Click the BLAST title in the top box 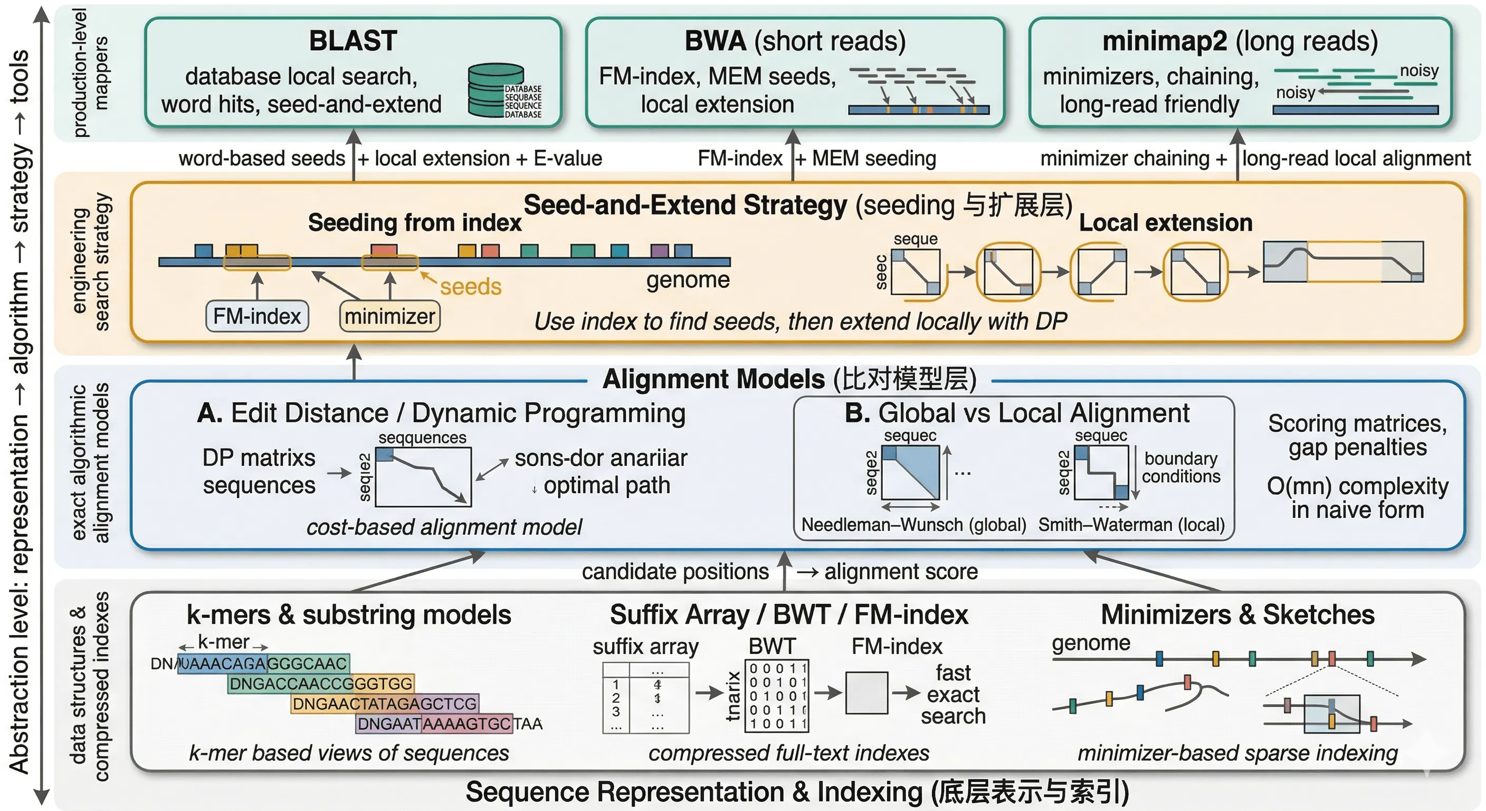coord(353,41)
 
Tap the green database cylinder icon coord(495,91)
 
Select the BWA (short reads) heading coord(794,41)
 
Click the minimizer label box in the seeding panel coord(389,316)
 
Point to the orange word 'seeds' coord(470,286)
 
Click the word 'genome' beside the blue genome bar coord(688,279)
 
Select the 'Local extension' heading coord(1165,223)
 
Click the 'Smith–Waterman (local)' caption coord(1131,524)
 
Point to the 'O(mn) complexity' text coord(1357,486)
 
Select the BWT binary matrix coord(777,696)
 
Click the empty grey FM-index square coord(866,692)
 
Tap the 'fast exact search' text coord(953,694)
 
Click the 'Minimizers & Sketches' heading coord(1237,614)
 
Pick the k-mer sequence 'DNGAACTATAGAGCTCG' coord(384,704)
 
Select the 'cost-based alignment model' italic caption coord(444,527)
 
